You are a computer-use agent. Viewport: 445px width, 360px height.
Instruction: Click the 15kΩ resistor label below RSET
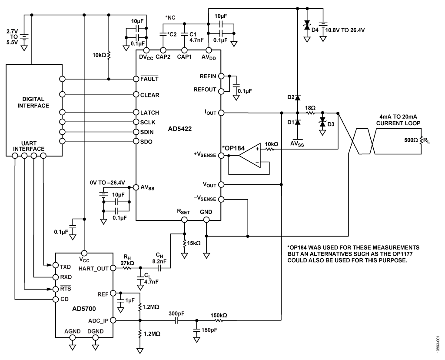[194, 243]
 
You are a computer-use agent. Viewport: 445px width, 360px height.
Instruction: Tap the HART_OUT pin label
[92, 268]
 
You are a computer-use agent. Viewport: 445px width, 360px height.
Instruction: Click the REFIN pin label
[207, 75]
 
